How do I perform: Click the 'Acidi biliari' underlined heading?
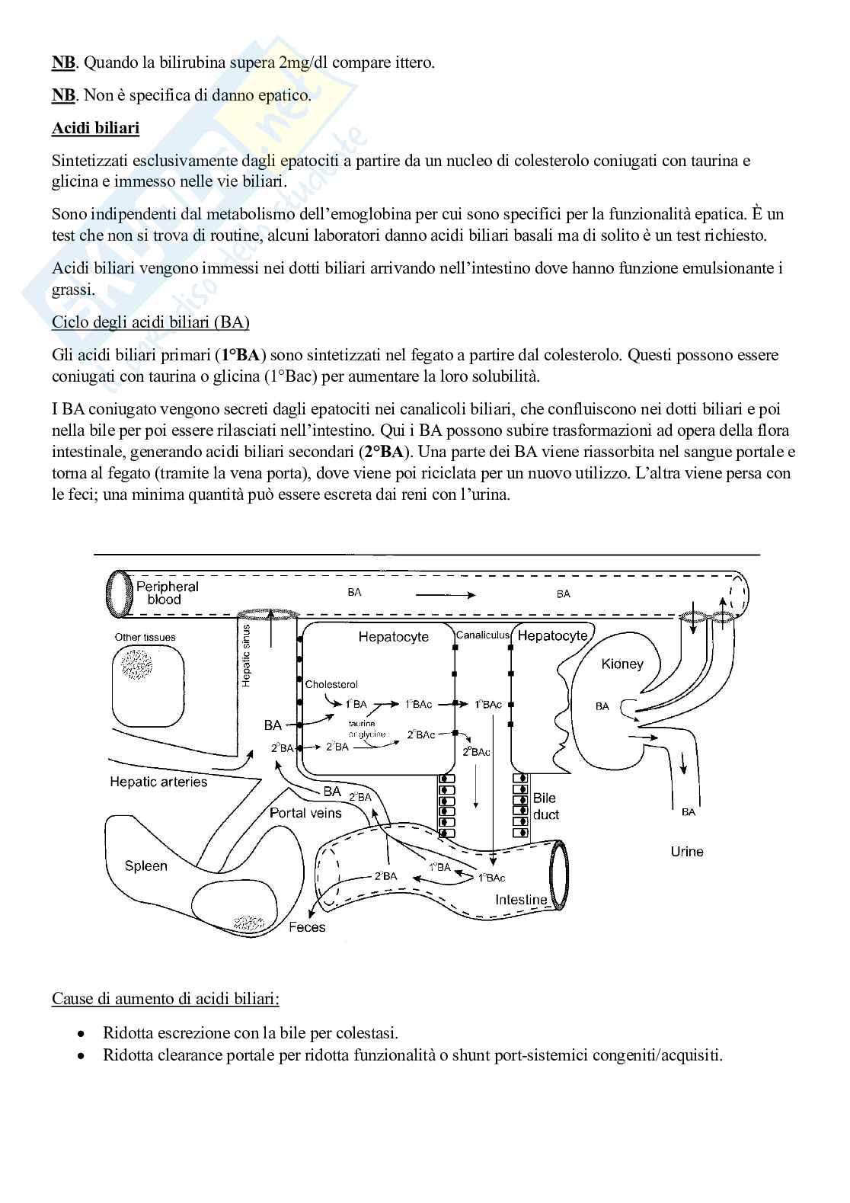point(95,128)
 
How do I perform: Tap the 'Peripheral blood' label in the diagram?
point(167,593)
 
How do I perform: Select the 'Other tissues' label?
point(145,637)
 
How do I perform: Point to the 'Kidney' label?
point(622,664)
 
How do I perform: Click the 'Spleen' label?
point(145,865)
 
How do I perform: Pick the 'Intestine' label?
point(521,899)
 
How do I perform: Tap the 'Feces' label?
point(307,927)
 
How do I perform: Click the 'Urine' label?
point(687,851)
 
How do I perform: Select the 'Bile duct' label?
point(545,806)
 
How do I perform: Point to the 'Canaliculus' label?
point(483,635)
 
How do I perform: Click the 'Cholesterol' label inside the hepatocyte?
point(331,684)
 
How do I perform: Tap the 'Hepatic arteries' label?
point(158,782)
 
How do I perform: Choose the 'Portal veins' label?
point(305,813)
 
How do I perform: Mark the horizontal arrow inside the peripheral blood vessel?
point(445,594)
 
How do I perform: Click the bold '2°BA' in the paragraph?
point(383,452)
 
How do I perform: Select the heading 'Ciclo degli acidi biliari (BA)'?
point(150,322)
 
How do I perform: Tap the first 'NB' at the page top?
point(63,62)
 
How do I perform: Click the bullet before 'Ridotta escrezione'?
point(81,1033)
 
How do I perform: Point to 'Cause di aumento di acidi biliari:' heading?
point(165,998)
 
